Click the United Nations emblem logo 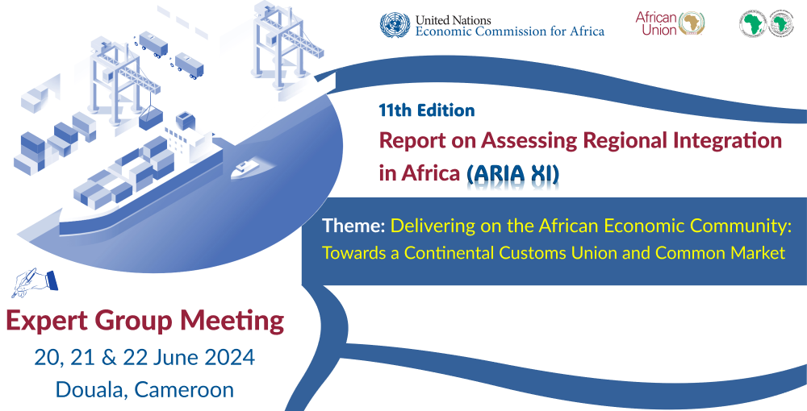point(395,25)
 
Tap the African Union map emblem point(692,23)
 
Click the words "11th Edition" point(427,110)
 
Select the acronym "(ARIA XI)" point(512,173)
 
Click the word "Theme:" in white point(353,226)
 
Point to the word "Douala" point(92,389)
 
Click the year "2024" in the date point(229,357)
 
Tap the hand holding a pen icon point(35,282)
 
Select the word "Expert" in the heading point(47,322)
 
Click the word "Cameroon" point(184,389)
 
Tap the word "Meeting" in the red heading point(232,322)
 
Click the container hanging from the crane point(150,119)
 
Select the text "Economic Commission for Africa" point(510,31)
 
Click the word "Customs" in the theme point(541,253)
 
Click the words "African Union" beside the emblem point(656,23)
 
